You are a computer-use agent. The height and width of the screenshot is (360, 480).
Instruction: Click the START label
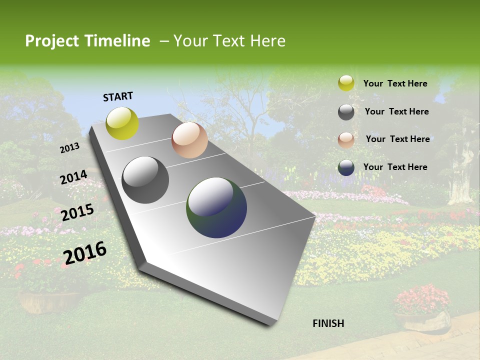[x=118, y=96]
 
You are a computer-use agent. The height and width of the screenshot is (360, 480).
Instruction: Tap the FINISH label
[x=328, y=323]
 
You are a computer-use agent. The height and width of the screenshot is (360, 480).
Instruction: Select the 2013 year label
[x=70, y=147]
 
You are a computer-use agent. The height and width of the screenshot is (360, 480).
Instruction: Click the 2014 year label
[x=74, y=177]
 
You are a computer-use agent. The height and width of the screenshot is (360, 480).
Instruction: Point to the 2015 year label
[x=77, y=212]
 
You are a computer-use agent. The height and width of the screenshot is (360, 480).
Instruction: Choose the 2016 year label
[x=85, y=252]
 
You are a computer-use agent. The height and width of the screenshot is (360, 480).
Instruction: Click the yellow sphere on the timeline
[x=122, y=123]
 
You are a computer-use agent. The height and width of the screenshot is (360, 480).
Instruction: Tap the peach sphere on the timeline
[x=189, y=140]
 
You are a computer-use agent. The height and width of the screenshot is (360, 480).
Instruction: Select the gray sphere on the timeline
[x=145, y=180]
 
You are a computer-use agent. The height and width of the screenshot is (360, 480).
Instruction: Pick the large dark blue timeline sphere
[x=216, y=207]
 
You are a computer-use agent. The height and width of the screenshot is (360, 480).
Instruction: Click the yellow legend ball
[x=346, y=83]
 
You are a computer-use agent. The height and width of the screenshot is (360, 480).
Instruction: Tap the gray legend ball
[x=346, y=112]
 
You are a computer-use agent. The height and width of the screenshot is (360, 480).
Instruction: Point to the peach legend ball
[x=346, y=140]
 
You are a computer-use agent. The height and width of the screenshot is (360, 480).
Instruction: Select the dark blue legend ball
[x=346, y=167]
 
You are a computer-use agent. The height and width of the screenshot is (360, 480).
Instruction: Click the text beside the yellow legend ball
[x=395, y=83]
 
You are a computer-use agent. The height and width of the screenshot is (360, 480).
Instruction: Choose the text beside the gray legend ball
[x=396, y=111]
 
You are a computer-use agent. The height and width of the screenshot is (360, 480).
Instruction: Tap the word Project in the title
[x=52, y=41]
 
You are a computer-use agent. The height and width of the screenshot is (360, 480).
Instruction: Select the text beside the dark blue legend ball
[x=395, y=167]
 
